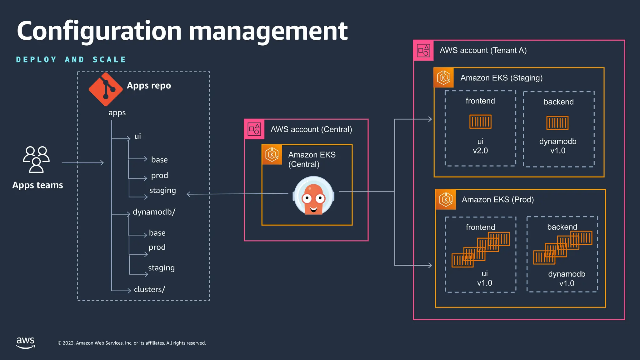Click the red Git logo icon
click(106, 89)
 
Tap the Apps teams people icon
click(36, 159)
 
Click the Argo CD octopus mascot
click(313, 196)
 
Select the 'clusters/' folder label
click(149, 289)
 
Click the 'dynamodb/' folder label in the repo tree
click(154, 212)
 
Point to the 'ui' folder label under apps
click(137, 136)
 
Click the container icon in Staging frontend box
click(480, 122)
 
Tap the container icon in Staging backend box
click(557, 123)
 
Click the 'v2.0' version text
click(480, 151)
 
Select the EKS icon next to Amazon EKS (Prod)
click(446, 199)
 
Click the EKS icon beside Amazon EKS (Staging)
click(443, 77)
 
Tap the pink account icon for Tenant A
click(423, 50)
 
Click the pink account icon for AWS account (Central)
click(254, 129)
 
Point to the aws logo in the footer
click(26, 342)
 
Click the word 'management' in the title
click(268, 31)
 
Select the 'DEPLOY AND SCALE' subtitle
click(71, 59)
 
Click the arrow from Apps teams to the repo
click(83, 162)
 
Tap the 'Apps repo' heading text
click(149, 85)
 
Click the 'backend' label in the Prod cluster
click(562, 227)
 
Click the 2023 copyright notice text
click(132, 343)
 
